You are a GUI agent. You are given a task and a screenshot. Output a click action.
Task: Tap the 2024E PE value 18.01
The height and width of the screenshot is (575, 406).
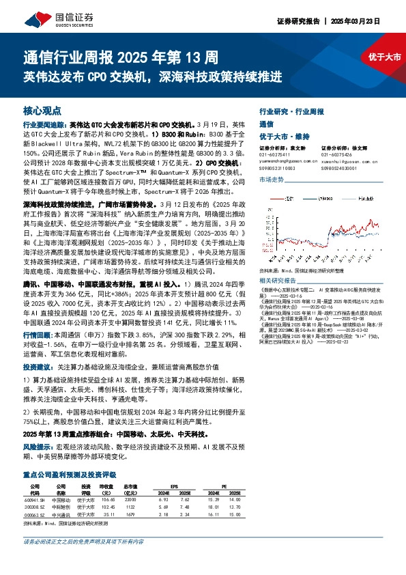coord(212,507)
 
